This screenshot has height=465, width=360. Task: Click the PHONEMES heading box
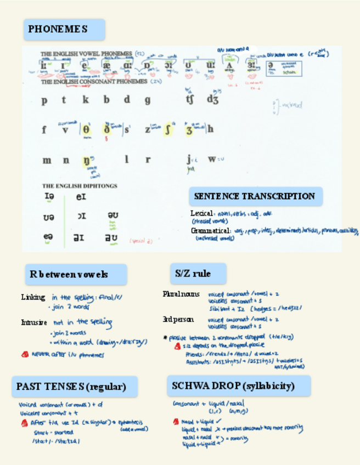(x=64, y=29)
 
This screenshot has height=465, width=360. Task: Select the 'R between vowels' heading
(x=76, y=274)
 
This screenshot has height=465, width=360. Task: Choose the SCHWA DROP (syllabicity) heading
(x=239, y=386)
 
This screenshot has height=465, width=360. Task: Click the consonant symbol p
(x=44, y=100)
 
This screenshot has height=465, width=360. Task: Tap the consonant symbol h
(x=210, y=129)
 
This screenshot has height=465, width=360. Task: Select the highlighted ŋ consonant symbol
(x=87, y=161)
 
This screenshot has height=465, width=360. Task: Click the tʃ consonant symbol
(x=190, y=100)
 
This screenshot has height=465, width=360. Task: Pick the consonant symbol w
(x=211, y=160)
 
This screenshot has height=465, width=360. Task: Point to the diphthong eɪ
(x=81, y=196)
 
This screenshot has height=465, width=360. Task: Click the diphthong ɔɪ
(x=81, y=216)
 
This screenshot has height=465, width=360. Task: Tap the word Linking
(x=33, y=297)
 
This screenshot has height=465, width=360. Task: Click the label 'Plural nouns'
(x=181, y=294)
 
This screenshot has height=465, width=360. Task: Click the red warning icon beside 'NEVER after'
(x=25, y=354)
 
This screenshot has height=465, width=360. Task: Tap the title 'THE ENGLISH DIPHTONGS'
(x=80, y=186)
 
